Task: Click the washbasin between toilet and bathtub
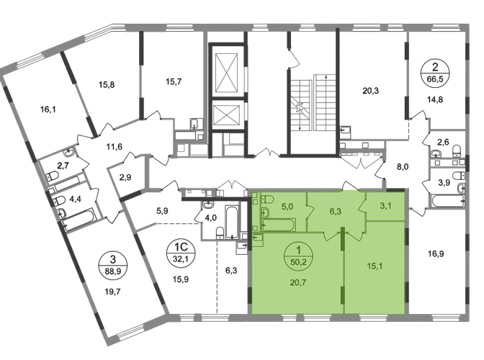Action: point(259,216)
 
